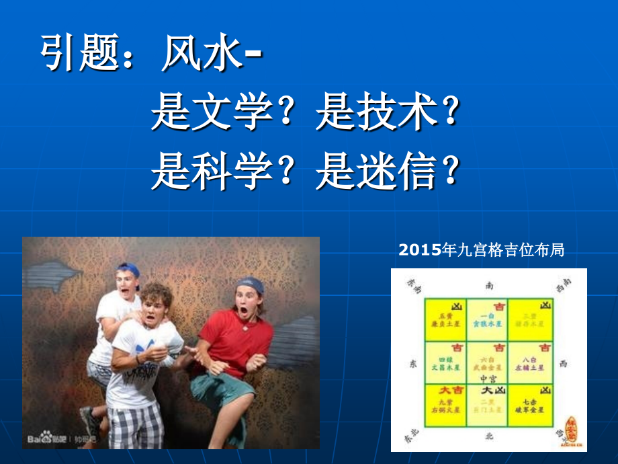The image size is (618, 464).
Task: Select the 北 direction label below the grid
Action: coord(489,436)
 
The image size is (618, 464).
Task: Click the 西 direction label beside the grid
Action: coord(563,363)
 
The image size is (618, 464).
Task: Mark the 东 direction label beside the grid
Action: coord(412,363)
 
